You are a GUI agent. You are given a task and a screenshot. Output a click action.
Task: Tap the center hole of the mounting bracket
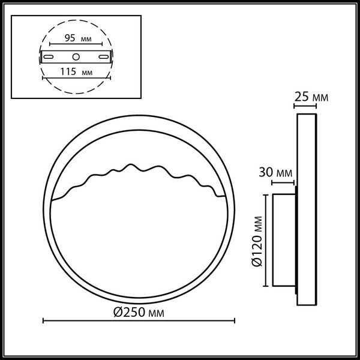point(76,57)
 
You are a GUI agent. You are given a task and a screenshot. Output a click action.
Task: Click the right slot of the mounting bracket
point(105,57)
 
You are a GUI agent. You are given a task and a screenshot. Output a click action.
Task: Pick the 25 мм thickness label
point(312,97)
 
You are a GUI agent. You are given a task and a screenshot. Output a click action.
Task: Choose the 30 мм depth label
point(275,173)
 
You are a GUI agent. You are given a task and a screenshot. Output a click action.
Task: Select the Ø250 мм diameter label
point(138,313)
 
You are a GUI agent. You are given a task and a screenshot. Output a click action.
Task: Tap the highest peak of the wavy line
point(128,165)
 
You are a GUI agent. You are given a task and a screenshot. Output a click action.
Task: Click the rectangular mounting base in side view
point(284,241)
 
